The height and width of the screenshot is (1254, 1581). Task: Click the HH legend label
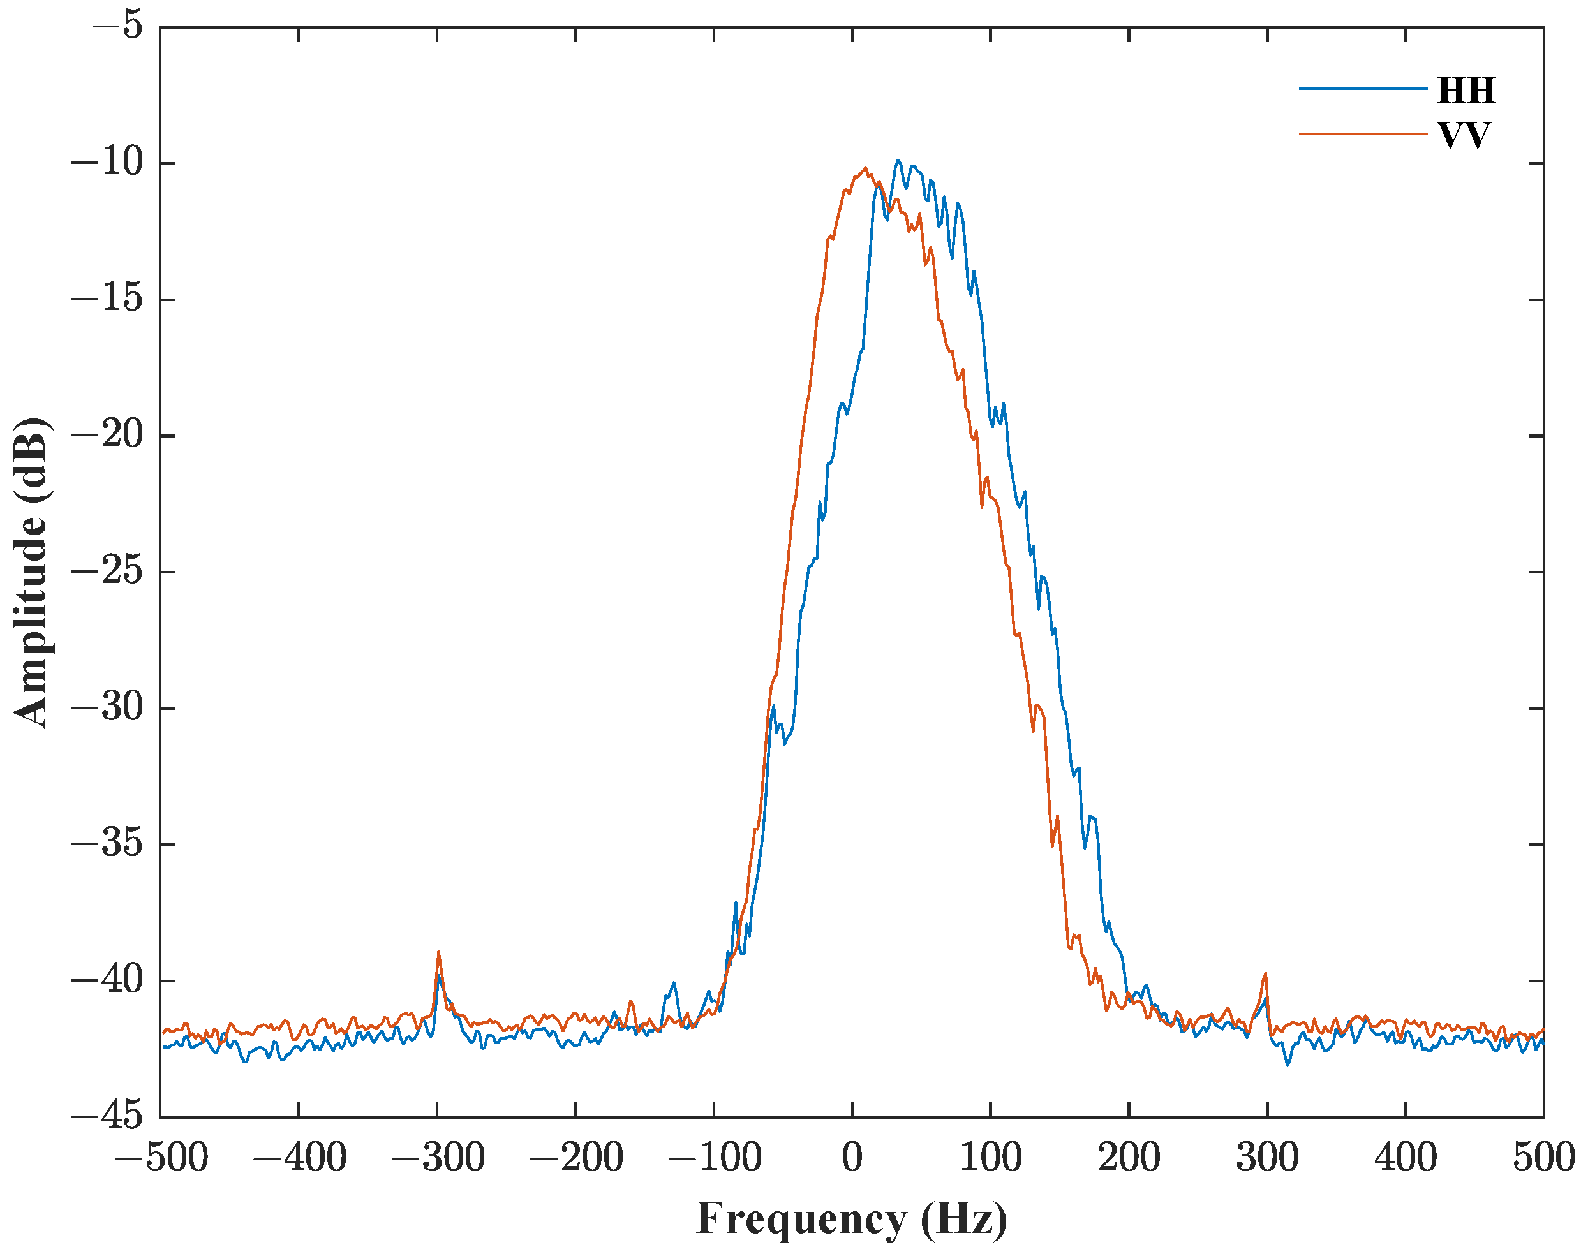click(1466, 90)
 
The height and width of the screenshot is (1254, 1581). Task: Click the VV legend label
click(1464, 136)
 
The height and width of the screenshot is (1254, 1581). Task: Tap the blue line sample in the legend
click(1362, 89)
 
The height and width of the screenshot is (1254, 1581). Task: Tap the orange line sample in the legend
click(1362, 134)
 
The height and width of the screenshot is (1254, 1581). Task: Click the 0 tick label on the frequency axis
click(852, 1158)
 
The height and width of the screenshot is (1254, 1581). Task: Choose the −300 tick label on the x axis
click(438, 1158)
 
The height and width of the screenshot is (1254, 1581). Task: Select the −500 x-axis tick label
click(161, 1158)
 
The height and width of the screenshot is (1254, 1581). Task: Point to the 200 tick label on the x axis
click(1129, 1158)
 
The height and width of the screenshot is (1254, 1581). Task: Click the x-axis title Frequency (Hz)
click(851, 1220)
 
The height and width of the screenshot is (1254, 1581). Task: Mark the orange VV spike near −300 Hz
click(438, 953)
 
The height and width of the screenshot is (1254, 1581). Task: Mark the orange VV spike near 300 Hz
click(1266, 974)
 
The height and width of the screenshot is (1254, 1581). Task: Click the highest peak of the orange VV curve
click(865, 168)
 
